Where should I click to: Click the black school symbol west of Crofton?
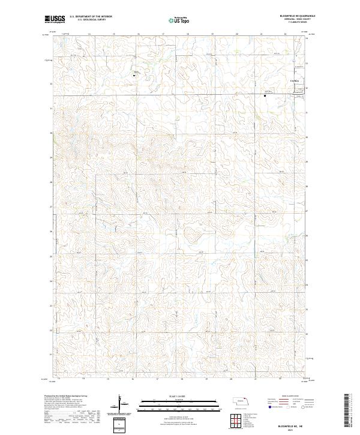coord(265,95)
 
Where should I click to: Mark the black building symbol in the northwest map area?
coord(134,76)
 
